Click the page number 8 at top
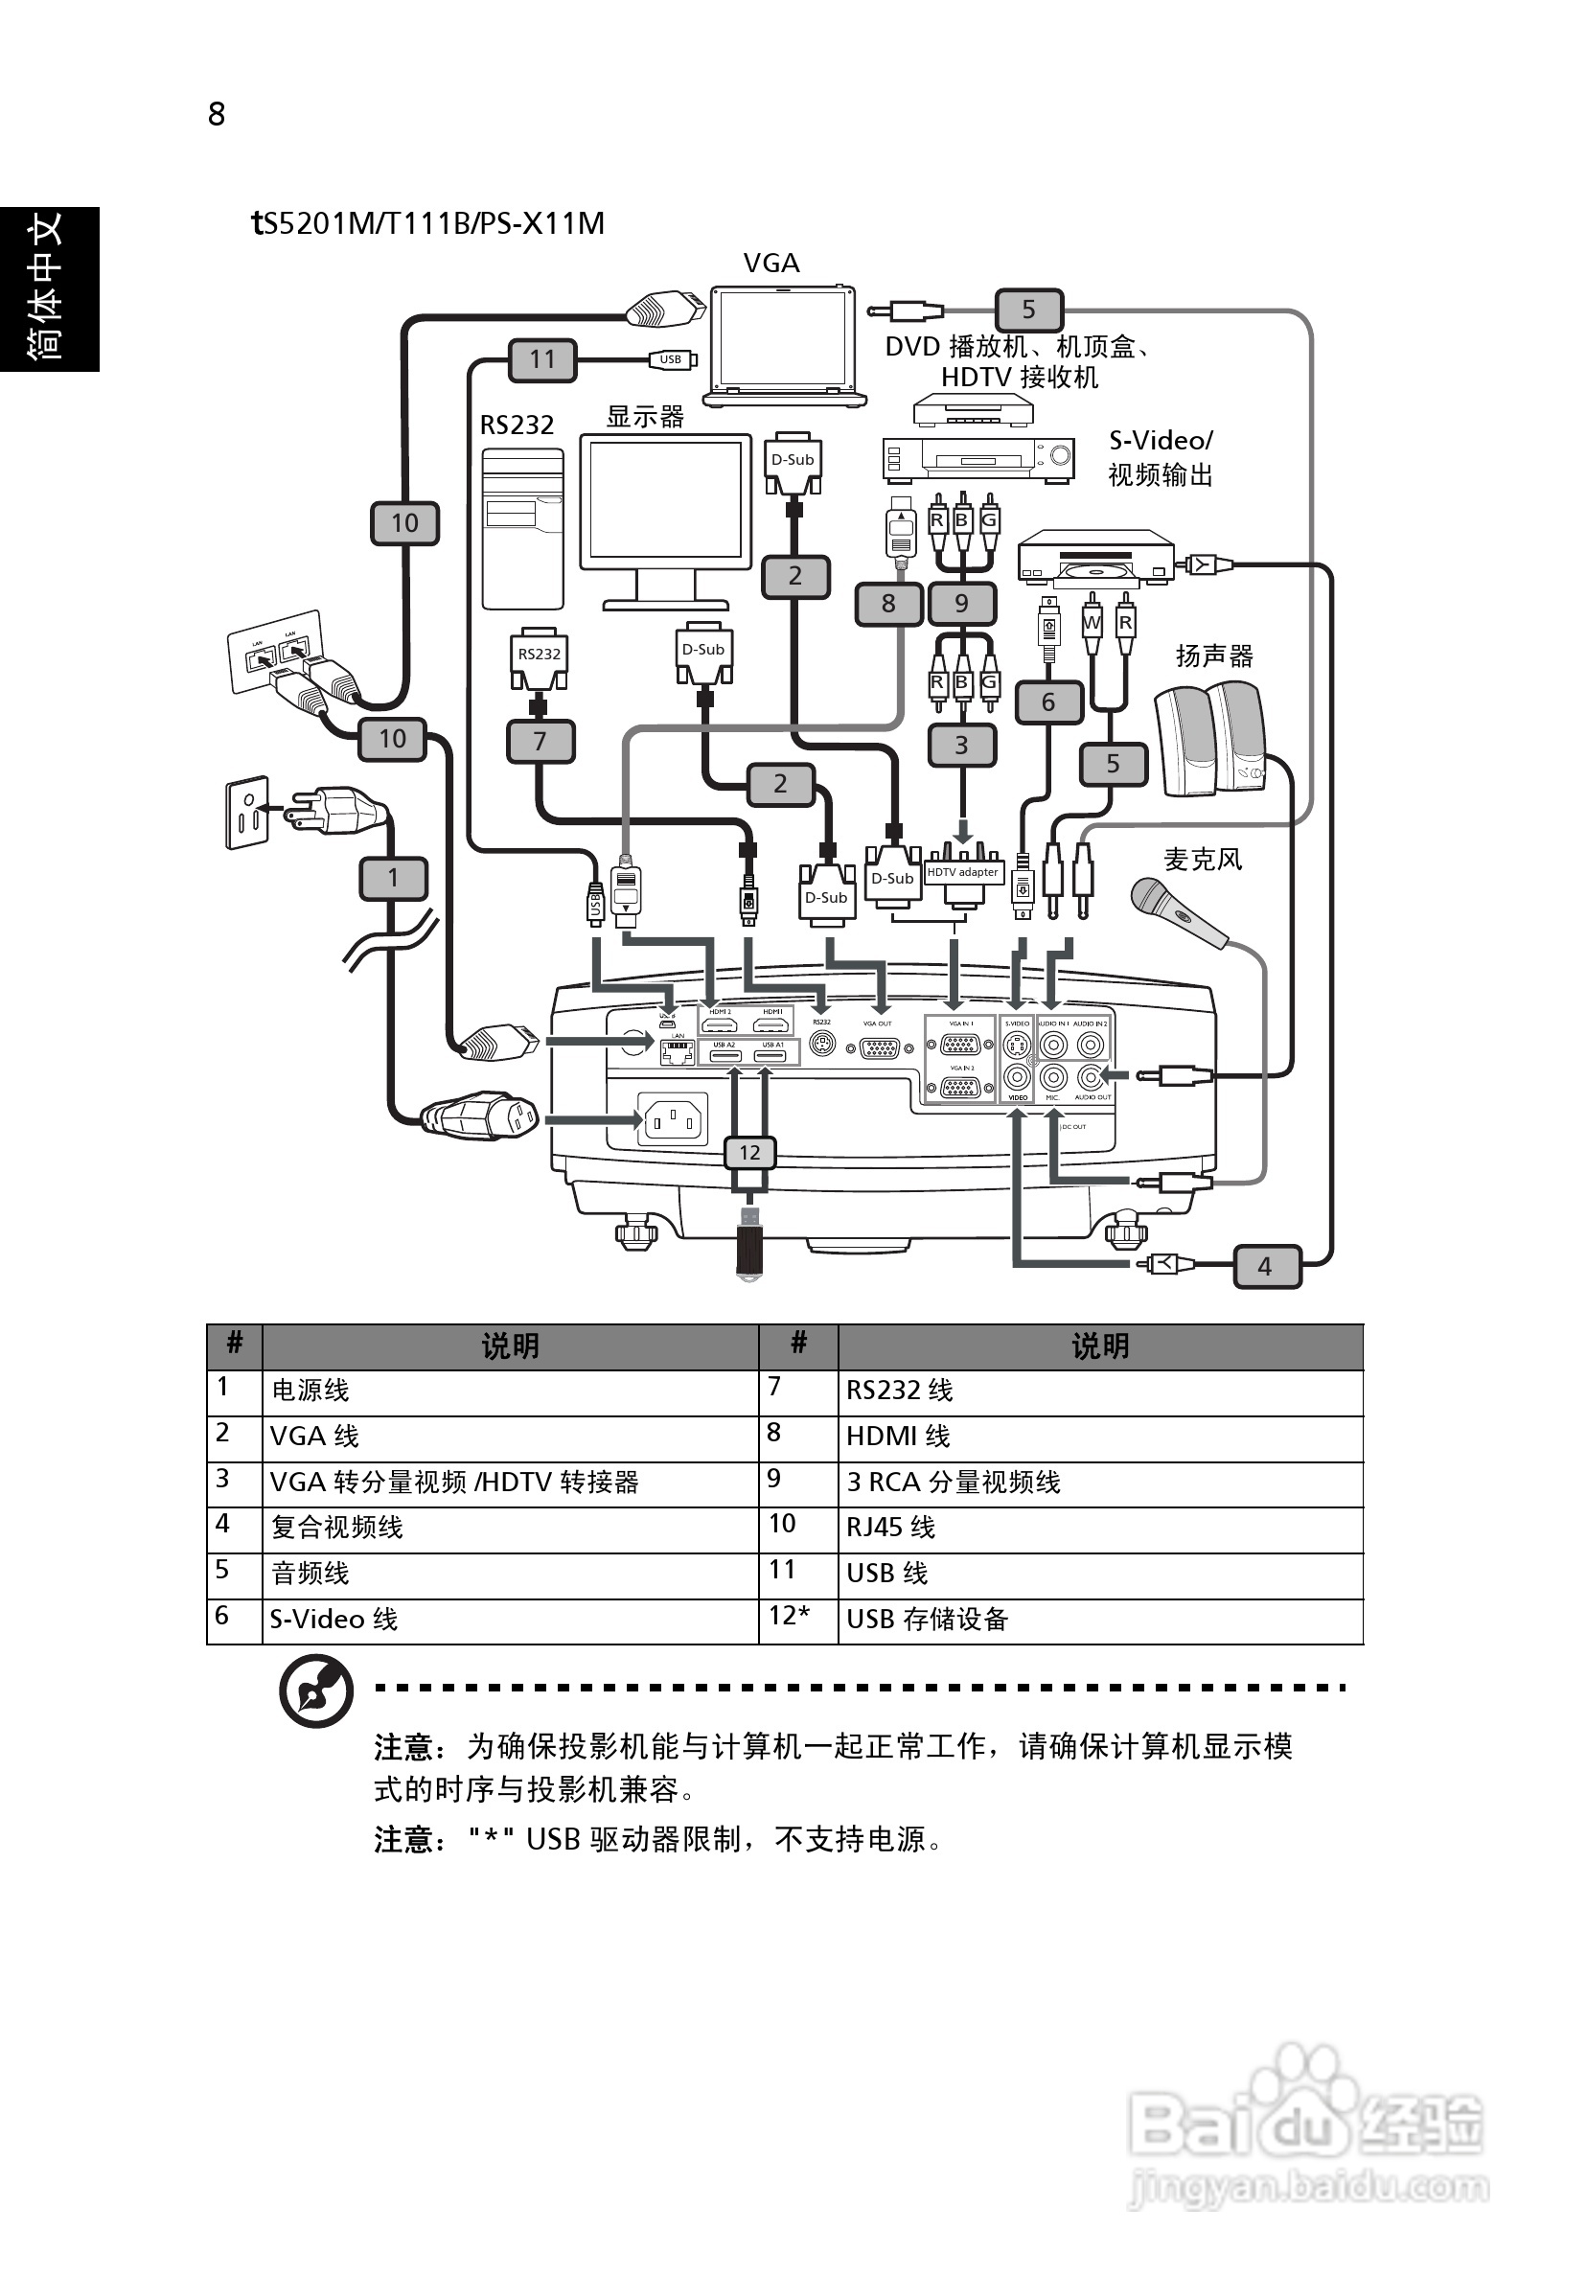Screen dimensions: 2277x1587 coord(217,114)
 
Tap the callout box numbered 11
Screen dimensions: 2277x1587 coord(541,359)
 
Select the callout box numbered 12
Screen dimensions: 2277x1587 coord(749,1152)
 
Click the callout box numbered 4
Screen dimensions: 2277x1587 coord(1266,1266)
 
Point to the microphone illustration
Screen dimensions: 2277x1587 coord(1178,911)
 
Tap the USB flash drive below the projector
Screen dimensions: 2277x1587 coord(749,1242)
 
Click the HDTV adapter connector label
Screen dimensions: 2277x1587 coord(962,873)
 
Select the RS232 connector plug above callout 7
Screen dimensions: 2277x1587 coord(539,658)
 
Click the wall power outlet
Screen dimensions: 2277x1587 coord(246,812)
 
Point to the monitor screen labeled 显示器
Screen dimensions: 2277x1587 coord(664,501)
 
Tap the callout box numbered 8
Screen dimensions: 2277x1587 coord(887,603)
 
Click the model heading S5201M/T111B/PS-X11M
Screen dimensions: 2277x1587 coord(428,223)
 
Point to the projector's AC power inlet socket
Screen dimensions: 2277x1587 coord(673,1120)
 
